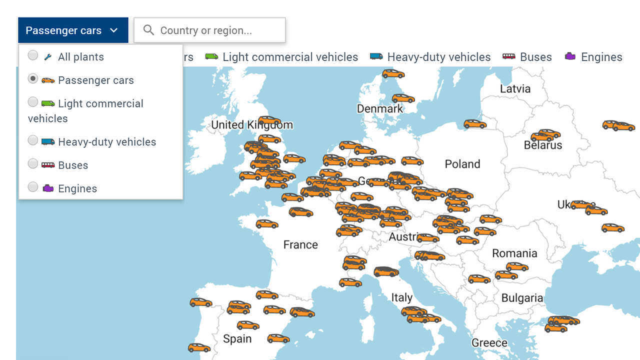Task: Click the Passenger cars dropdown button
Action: (x=73, y=30)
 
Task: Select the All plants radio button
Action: (x=33, y=55)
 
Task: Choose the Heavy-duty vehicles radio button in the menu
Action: (x=33, y=140)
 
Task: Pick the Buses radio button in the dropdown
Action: (x=33, y=163)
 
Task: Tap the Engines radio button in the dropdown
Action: (x=33, y=187)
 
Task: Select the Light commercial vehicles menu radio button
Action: (x=33, y=102)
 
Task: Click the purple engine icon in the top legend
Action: (x=570, y=56)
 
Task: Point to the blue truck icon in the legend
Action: (x=376, y=56)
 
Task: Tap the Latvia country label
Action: (x=515, y=89)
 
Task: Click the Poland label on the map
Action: (x=462, y=164)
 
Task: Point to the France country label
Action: (x=300, y=244)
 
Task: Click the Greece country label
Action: (x=489, y=343)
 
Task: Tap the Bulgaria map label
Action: (x=522, y=298)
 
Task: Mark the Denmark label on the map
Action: (x=379, y=109)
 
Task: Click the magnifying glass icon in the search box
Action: (x=148, y=30)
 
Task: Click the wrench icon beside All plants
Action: (x=48, y=57)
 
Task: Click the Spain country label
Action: (x=237, y=339)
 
